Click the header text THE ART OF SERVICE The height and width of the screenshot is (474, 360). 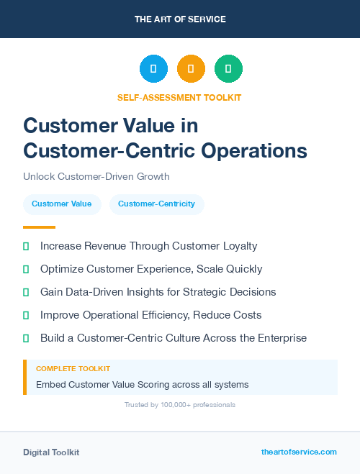180,19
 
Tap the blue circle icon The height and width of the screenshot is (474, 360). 153,69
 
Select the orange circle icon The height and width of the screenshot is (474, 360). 191,69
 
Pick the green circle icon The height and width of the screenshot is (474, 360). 228,69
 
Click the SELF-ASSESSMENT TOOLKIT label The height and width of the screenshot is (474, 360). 179,97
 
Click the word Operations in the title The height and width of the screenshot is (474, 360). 254,150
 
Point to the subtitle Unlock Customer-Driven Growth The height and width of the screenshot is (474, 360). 96,176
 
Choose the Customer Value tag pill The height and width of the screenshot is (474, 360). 61,204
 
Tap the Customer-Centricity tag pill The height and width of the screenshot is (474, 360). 156,204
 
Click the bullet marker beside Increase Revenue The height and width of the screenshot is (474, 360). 26,246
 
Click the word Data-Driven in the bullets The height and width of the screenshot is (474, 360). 95,292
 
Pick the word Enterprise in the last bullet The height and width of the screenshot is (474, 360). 281,338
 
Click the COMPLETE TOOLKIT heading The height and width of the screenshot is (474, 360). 73,368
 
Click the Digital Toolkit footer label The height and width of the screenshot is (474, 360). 51,452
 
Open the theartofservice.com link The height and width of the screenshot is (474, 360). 299,452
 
